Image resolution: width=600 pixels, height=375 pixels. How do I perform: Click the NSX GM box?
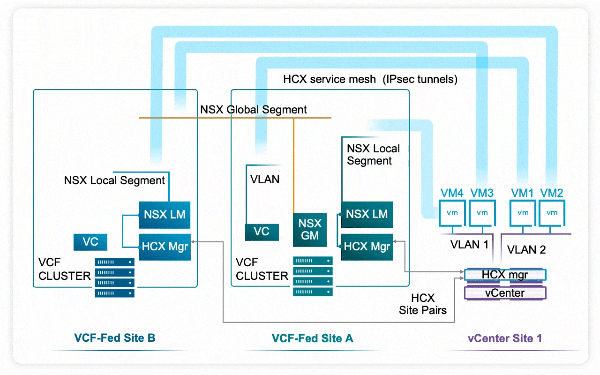click(310, 230)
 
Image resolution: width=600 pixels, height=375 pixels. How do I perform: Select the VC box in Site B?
click(90, 242)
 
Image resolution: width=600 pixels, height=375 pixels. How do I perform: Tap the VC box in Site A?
click(262, 232)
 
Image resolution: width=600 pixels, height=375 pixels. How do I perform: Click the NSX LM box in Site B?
click(165, 215)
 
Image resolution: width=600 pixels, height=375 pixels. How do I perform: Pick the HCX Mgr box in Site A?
click(367, 247)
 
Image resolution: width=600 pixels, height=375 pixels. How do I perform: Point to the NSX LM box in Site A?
click(367, 215)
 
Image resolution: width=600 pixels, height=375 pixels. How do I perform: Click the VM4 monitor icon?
click(452, 213)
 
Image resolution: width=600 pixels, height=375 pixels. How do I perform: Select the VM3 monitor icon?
click(482, 213)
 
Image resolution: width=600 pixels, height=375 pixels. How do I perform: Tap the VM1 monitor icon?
click(523, 213)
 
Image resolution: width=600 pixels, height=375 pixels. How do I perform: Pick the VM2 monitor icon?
click(552, 213)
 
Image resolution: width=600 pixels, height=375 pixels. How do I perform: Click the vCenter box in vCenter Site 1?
click(505, 293)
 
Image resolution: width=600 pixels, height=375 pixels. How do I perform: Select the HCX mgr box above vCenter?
click(505, 275)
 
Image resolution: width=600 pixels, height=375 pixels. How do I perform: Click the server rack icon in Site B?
click(114, 277)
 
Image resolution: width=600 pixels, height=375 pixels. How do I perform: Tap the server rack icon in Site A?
click(313, 276)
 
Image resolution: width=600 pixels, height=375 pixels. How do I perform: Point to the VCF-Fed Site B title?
click(115, 338)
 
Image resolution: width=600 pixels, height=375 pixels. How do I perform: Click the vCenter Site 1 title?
click(505, 338)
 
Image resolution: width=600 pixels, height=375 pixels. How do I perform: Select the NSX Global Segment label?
click(254, 110)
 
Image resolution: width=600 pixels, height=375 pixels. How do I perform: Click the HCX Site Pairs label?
click(423, 304)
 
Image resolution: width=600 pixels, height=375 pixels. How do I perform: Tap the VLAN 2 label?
click(526, 250)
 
